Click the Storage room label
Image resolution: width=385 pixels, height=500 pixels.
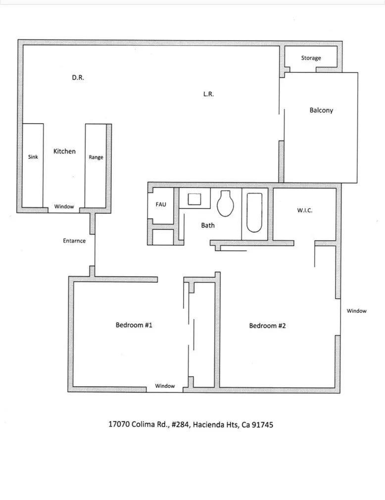pyautogui.click(x=311, y=58)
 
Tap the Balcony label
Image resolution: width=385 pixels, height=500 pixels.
pyautogui.click(x=321, y=110)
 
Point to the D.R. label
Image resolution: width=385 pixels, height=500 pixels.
pyautogui.click(x=78, y=78)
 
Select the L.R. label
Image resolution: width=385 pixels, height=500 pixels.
pyautogui.click(x=208, y=94)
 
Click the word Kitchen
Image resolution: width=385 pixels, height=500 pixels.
pyautogui.click(x=64, y=151)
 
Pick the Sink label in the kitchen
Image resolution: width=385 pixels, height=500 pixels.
pyautogui.click(x=33, y=157)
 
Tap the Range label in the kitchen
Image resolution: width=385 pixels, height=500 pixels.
pyautogui.click(x=96, y=157)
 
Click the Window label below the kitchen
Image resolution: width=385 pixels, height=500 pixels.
pyautogui.click(x=64, y=206)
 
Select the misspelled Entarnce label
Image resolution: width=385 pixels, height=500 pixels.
pyautogui.click(x=74, y=241)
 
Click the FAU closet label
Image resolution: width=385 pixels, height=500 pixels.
pyautogui.click(x=161, y=204)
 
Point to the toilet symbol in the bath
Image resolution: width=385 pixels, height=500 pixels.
pyautogui.click(x=225, y=203)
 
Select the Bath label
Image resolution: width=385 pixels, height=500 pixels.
pyautogui.click(x=208, y=225)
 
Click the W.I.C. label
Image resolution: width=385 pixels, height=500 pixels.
pyautogui.click(x=304, y=210)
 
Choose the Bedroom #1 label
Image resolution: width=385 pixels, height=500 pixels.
pyautogui.click(x=134, y=325)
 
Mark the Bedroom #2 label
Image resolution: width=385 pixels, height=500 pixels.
pyautogui.click(x=267, y=326)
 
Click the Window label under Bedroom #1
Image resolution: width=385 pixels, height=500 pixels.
pyautogui.click(x=165, y=386)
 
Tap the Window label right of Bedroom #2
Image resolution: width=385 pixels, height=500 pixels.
pyautogui.click(x=356, y=311)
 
